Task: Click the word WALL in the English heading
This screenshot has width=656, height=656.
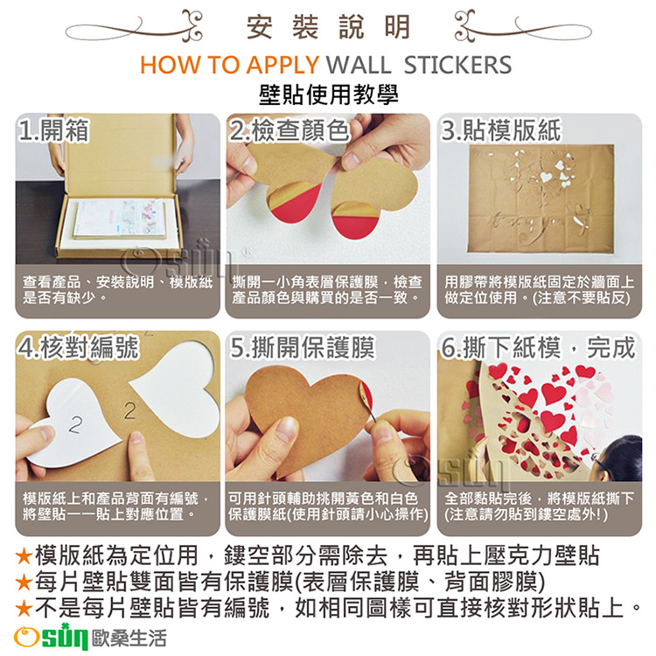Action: [x=358, y=65]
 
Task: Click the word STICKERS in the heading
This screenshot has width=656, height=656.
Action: [x=457, y=65]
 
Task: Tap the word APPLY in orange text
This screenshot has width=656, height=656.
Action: [x=283, y=65]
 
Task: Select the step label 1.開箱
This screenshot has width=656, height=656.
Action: [x=54, y=130]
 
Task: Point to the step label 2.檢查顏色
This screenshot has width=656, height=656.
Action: [x=290, y=130]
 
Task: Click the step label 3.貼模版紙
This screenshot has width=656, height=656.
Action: [x=501, y=130]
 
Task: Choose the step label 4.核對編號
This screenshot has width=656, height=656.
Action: [x=78, y=347]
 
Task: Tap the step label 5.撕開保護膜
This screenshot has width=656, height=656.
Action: [x=302, y=347]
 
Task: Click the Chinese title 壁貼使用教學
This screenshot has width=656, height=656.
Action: [x=328, y=95]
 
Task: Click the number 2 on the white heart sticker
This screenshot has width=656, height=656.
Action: [x=76, y=424]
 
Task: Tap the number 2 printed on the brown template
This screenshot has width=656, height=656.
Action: [x=130, y=410]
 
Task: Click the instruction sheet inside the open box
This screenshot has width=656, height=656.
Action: [x=118, y=220]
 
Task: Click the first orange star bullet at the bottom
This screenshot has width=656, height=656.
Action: [x=24, y=555]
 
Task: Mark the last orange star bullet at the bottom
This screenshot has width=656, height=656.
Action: [x=24, y=608]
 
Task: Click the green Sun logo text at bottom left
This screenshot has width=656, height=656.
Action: [x=65, y=638]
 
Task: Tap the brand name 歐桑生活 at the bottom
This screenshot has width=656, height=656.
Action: [x=129, y=639]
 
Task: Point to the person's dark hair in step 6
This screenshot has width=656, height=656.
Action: [x=623, y=457]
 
